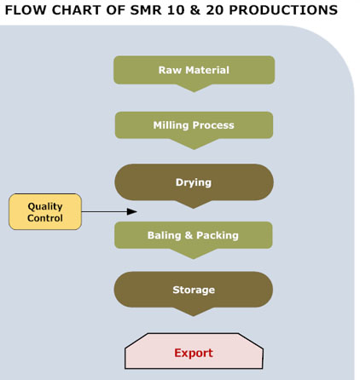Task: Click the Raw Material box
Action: coord(195,70)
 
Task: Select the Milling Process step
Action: coord(194,125)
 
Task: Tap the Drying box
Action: coord(194,182)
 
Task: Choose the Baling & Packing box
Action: coord(194,235)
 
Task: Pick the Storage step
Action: coord(194,290)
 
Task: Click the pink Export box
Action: coord(194,351)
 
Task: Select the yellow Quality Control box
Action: coord(45,212)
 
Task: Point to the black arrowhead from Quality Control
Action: coord(132,211)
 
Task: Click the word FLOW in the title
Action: coord(26,10)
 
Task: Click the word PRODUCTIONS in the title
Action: coord(283,10)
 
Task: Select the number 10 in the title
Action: coord(175,10)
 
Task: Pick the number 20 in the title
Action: coord(215,10)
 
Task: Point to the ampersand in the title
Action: coord(195,10)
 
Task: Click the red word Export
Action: coord(194,353)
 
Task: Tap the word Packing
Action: coord(218,236)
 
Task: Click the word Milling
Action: coord(171,125)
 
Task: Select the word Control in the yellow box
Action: coord(45,218)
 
